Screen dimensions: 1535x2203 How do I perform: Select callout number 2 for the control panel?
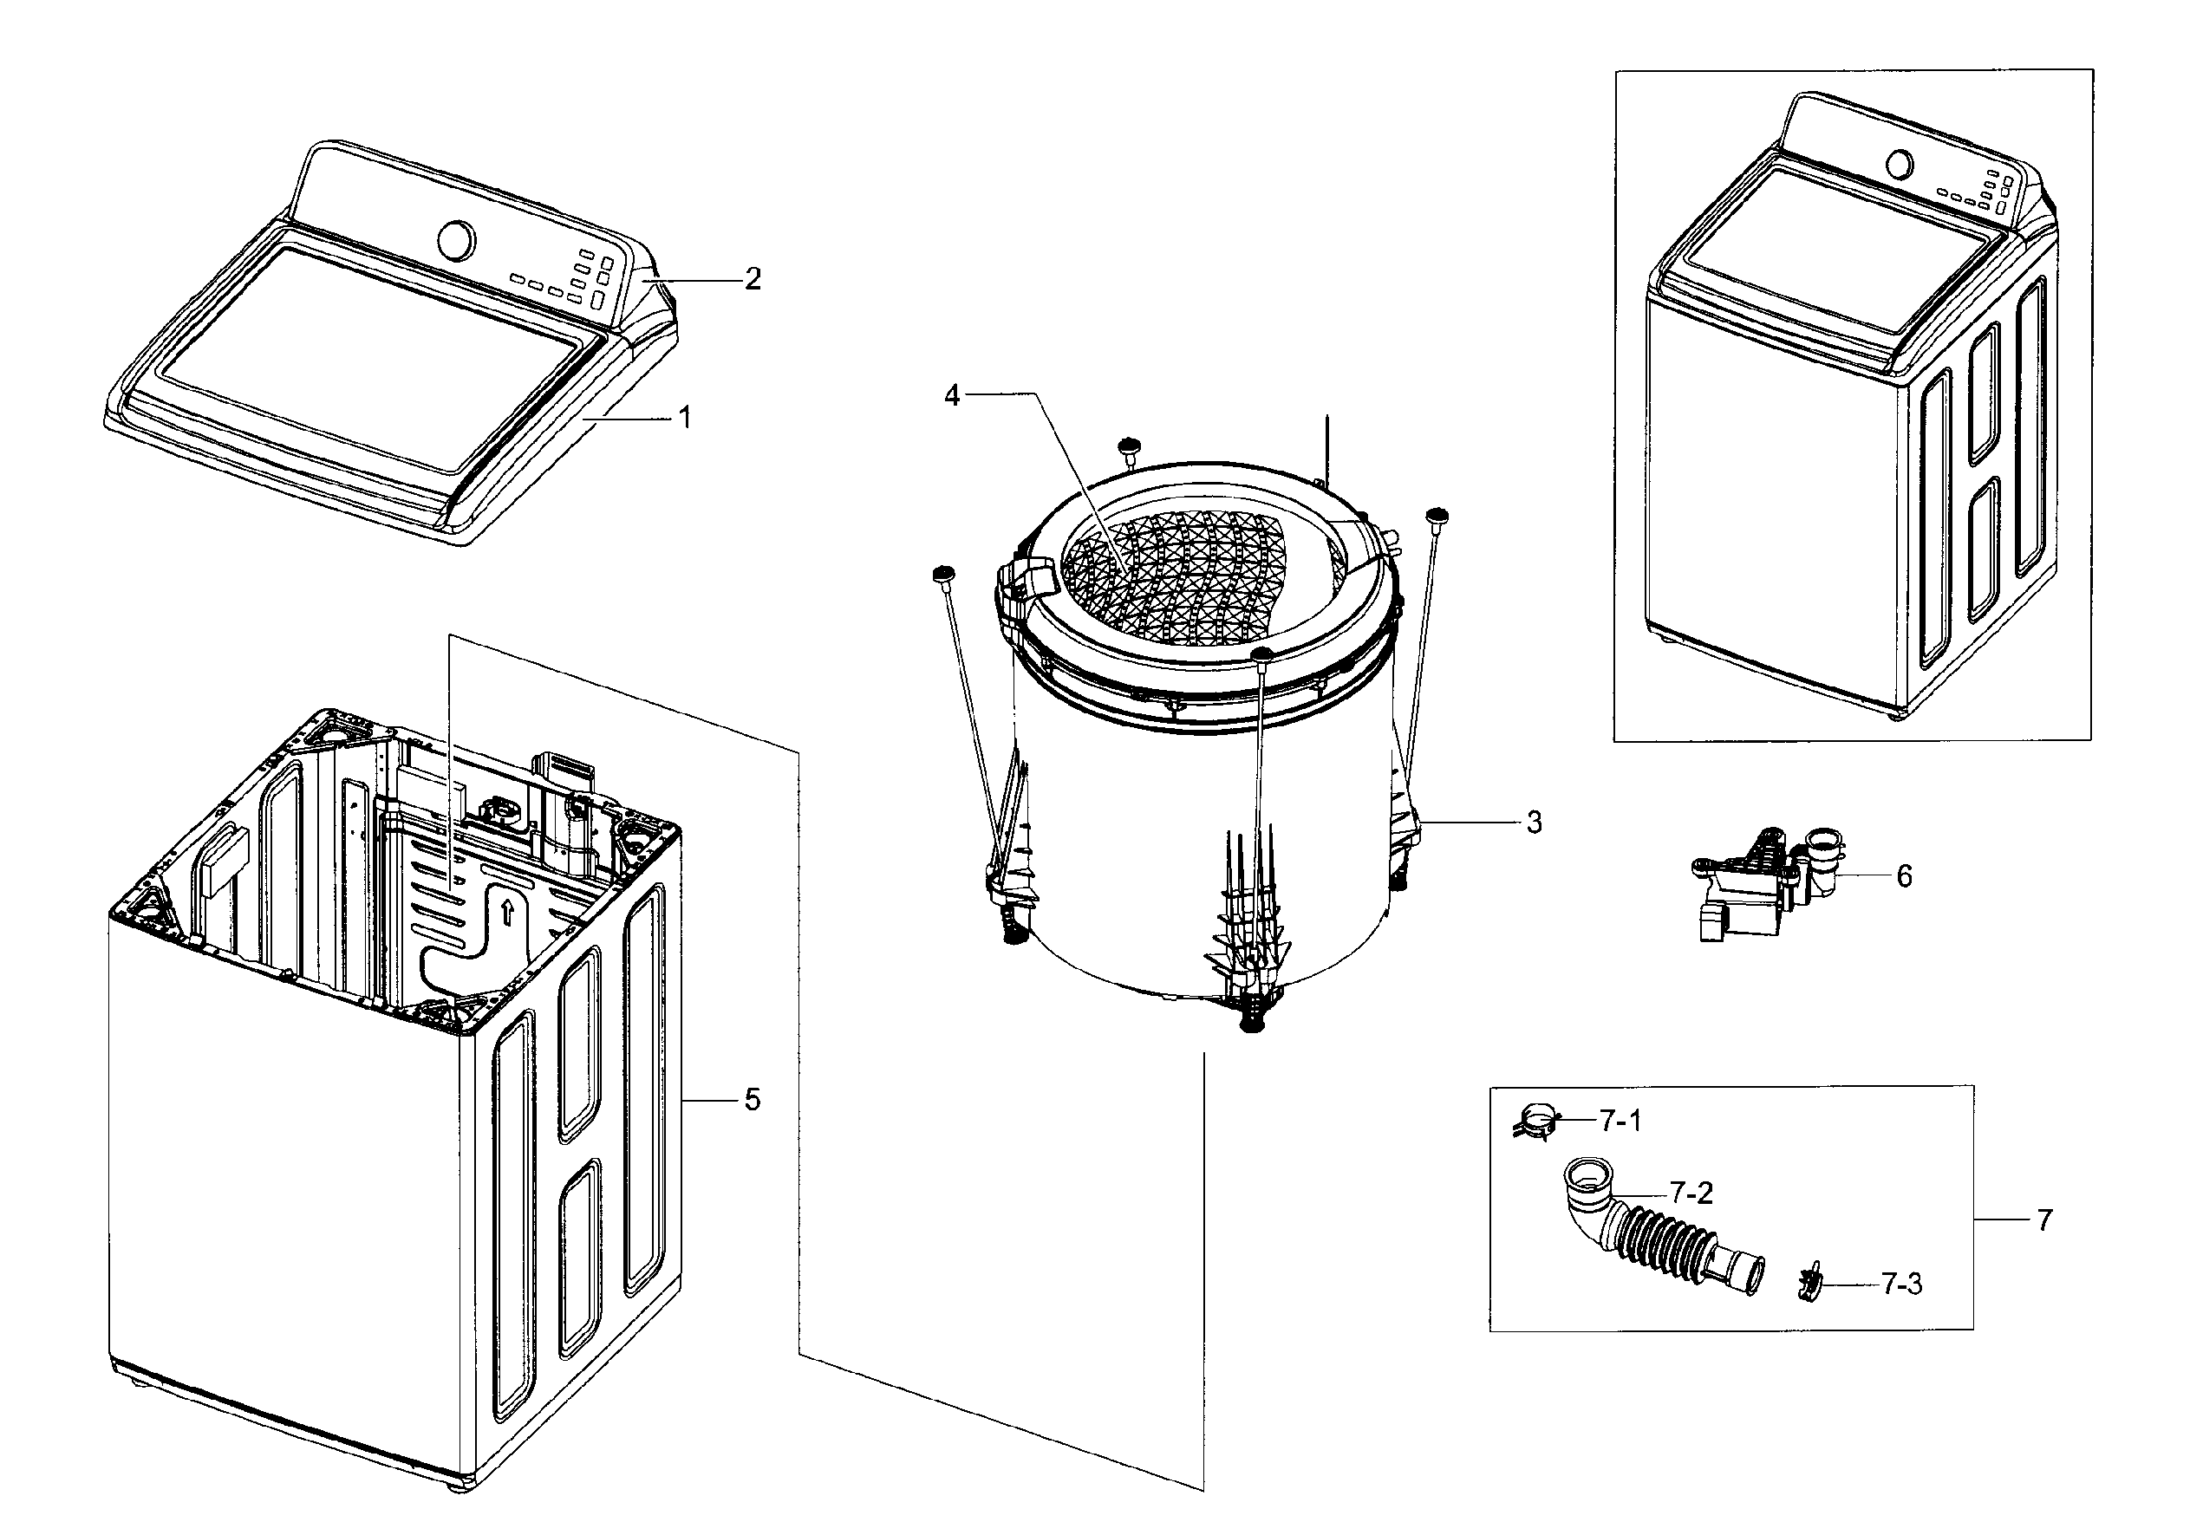753,279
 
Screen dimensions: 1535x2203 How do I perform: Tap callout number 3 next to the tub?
1535,823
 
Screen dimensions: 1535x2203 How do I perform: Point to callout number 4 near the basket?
951,394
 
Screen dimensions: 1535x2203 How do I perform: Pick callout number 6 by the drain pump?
1905,876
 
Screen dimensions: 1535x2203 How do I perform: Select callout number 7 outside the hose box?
2044,1220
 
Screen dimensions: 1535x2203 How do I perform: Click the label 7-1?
1620,1120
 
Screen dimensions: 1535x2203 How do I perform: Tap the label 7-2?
1691,1193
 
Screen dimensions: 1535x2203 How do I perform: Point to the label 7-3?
1900,1284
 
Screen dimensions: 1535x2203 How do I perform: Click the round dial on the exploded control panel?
455,241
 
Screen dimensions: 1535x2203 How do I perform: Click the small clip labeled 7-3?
1809,1282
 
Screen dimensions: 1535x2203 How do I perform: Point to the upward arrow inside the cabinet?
506,912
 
